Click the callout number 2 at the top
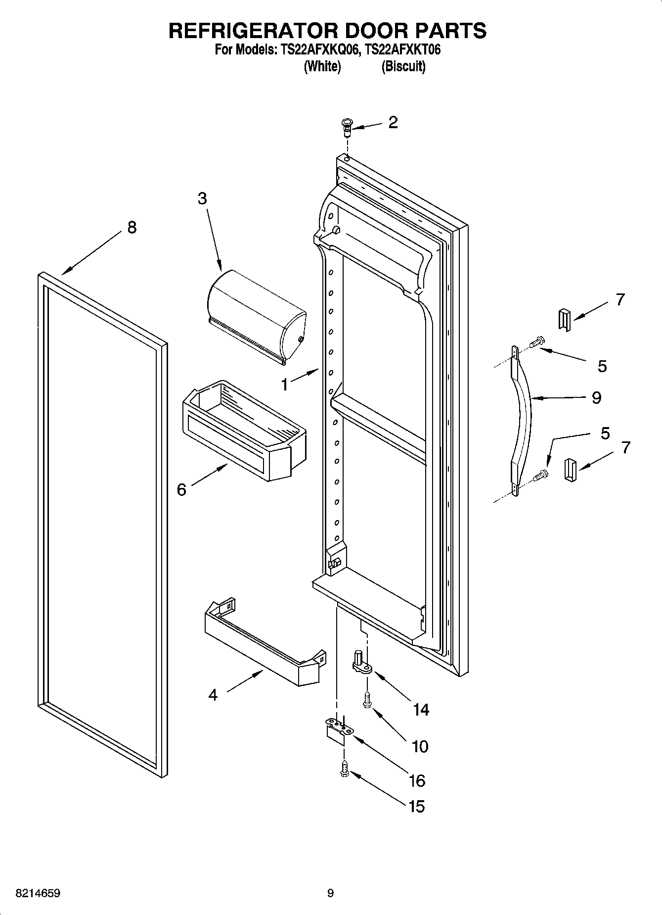[393, 122]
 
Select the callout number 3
[202, 198]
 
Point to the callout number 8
[132, 227]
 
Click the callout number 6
[182, 490]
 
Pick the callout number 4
[213, 695]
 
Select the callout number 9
[597, 397]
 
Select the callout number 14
[421, 710]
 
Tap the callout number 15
[417, 807]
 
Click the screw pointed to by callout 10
[366, 700]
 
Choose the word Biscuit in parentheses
[403, 66]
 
